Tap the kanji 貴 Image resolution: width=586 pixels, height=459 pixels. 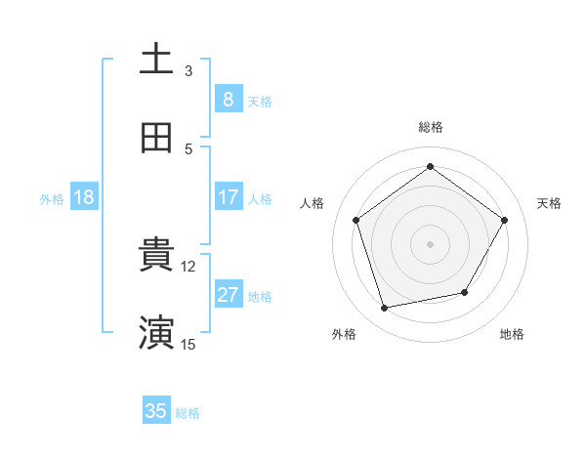pyautogui.click(x=156, y=255)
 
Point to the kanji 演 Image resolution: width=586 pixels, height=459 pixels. pyautogui.click(x=156, y=332)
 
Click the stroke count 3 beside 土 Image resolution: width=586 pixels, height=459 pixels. pyautogui.click(x=188, y=70)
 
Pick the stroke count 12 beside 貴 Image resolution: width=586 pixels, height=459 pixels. pyautogui.click(x=188, y=266)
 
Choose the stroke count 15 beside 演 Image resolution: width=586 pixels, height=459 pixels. pyautogui.click(x=188, y=344)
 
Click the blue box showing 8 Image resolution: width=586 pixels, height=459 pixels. pyautogui.click(x=228, y=99)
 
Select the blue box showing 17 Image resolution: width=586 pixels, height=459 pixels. pyautogui.click(x=228, y=197)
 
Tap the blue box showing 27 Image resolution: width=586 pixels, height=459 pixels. pyautogui.click(x=228, y=295)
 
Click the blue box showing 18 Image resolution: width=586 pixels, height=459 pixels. pyautogui.click(x=84, y=197)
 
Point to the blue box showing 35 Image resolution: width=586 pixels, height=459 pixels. pyautogui.click(x=156, y=411)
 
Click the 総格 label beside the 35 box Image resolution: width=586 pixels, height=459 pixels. pyautogui.click(x=188, y=413)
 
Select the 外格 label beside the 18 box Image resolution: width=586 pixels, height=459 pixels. pyautogui.click(x=52, y=199)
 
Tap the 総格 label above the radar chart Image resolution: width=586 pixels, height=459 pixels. pyautogui.click(x=431, y=127)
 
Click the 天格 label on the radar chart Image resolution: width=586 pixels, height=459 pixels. pyautogui.click(x=549, y=203)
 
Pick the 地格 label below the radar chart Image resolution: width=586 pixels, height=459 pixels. pyautogui.click(x=512, y=334)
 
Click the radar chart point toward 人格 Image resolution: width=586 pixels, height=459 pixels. pyautogui.click(x=356, y=220)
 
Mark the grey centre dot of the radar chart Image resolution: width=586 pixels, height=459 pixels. pyautogui.click(x=431, y=243)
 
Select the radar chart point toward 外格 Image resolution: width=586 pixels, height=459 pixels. pyautogui.click(x=385, y=308)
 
